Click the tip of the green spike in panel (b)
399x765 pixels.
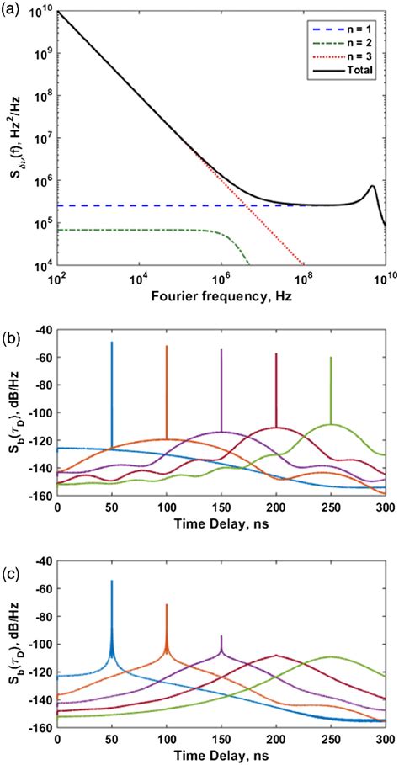click(331, 358)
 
